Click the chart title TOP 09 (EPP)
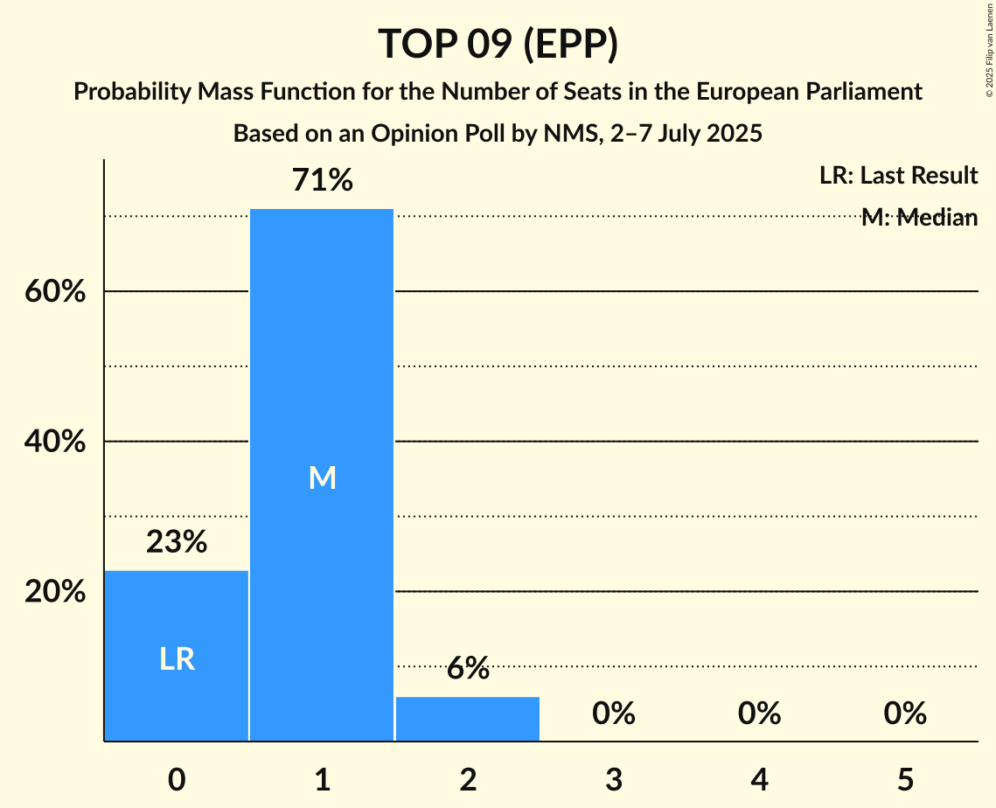[x=498, y=44]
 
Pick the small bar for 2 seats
[x=468, y=719]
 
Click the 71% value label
[x=322, y=181]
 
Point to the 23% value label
[x=177, y=543]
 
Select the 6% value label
[x=468, y=669]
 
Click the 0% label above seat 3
[x=613, y=714]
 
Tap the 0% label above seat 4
[x=759, y=714]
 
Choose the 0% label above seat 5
[x=904, y=714]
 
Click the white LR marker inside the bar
[x=177, y=659]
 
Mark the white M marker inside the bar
[x=322, y=477]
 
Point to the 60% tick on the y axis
[x=54, y=291]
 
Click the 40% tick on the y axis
[x=54, y=442]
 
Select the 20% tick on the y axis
[x=54, y=592]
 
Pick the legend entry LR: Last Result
[x=898, y=176]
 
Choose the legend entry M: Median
[x=918, y=218]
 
